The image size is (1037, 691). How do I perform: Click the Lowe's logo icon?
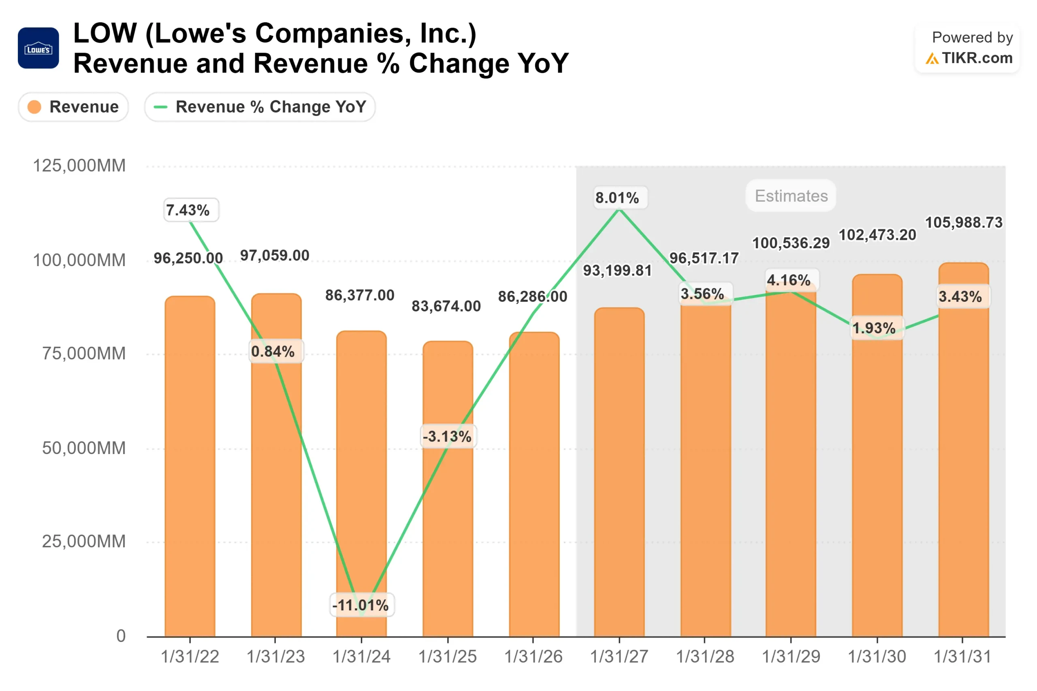coord(38,48)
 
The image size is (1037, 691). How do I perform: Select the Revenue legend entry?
coord(73,107)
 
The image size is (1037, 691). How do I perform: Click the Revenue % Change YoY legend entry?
coord(260,107)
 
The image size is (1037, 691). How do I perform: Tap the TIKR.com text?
coord(977,58)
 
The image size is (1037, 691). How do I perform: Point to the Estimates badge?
coord(791,196)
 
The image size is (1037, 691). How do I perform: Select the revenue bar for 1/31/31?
coord(963,463)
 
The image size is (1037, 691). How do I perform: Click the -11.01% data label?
coord(361,605)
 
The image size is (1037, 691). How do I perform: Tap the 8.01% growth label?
coord(617,197)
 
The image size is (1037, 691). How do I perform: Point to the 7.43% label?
coord(188,210)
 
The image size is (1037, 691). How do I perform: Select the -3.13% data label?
coord(447,436)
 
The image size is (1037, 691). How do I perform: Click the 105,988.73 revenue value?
coord(963,222)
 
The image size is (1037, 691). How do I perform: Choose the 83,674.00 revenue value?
coord(446,306)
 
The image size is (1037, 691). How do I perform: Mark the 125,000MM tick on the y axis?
coord(79,166)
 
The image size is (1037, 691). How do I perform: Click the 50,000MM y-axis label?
coord(84,448)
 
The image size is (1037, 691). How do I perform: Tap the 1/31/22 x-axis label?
coord(190,657)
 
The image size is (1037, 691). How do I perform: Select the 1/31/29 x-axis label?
coord(791,657)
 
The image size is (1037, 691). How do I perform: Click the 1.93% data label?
coord(873,328)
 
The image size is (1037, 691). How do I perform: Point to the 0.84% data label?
coord(273,351)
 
